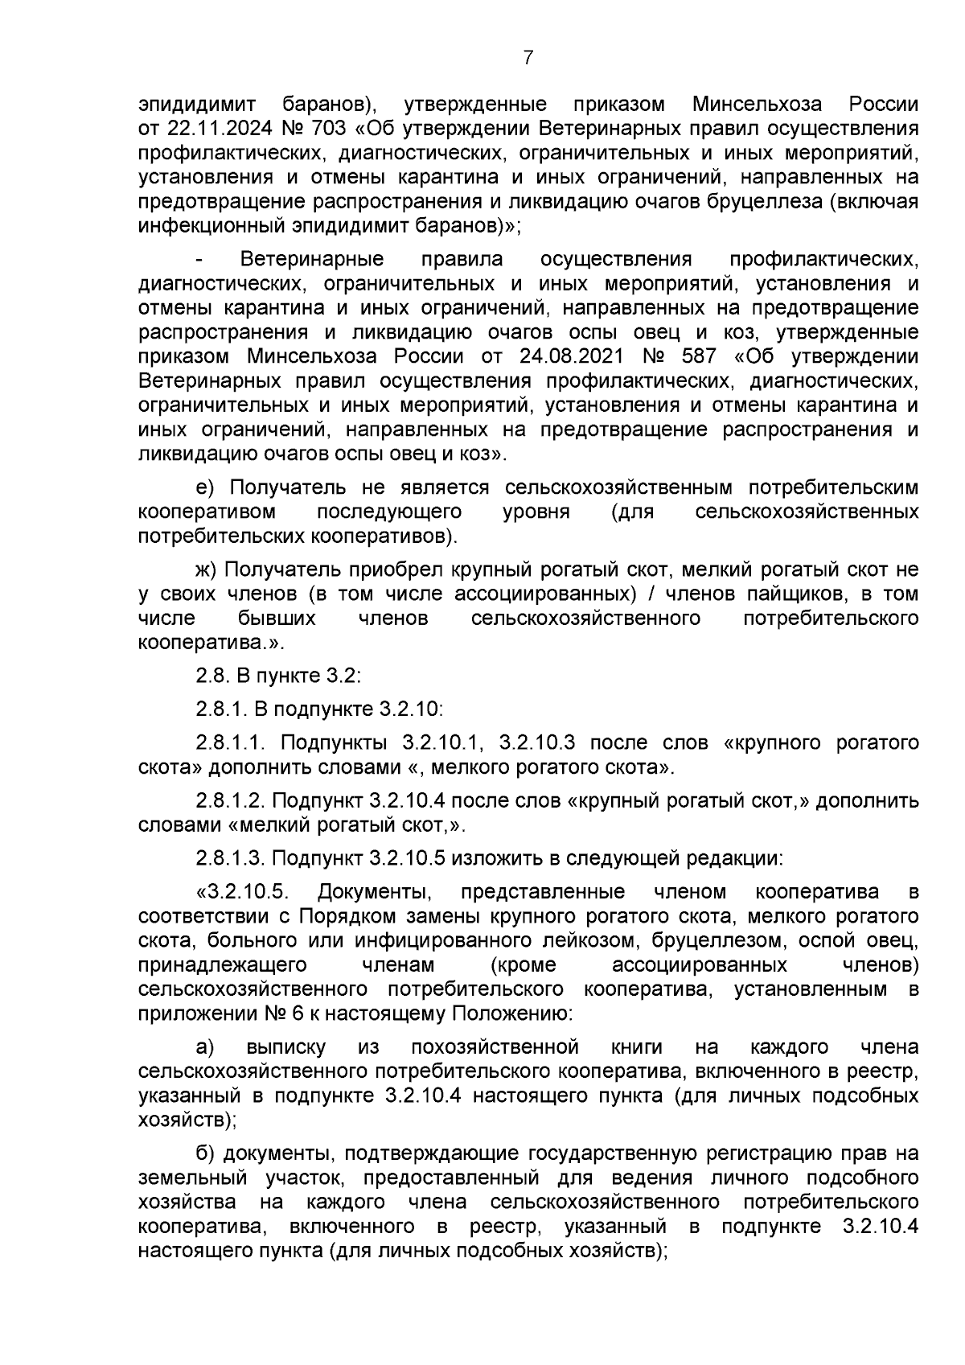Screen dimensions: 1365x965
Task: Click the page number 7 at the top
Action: [528, 57]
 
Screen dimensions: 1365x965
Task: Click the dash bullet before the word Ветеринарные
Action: [201, 260]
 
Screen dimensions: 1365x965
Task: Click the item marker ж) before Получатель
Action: [207, 569]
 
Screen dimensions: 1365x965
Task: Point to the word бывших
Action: [277, 618]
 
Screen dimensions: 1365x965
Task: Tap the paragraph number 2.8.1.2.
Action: [232, 801]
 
